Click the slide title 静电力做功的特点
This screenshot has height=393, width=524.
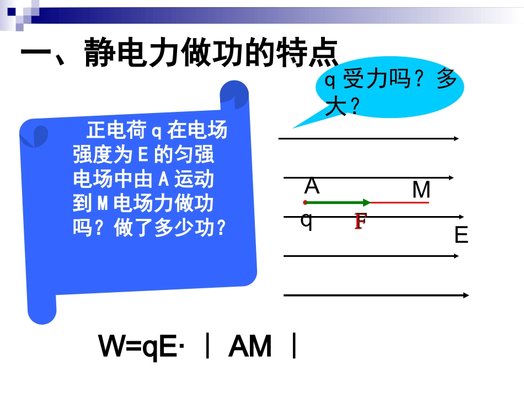(x=179, y=53)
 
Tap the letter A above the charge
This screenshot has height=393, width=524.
(x=312, y=187)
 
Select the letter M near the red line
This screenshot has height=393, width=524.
(x=421, y=190)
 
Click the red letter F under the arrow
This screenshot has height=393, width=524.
(x=360, y=222)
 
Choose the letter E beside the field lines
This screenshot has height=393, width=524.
(x=461, y=236)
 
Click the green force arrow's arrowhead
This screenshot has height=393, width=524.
(x=367, y=202)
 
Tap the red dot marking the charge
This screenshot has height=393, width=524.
(x=305, y=202)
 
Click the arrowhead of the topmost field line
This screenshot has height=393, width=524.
(x=456, y=138)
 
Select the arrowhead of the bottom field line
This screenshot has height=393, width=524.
(x=466, y=295)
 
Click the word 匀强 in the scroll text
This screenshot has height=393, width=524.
(x=194, y=155)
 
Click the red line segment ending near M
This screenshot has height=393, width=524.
(x=400, y=203)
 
